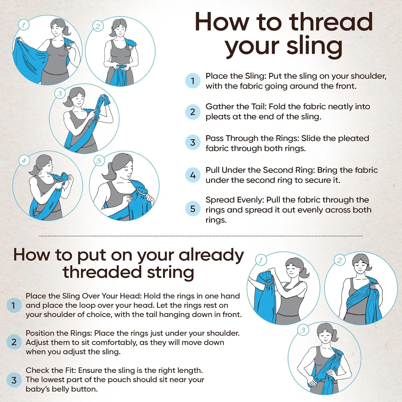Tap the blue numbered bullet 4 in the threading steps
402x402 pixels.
(193, 175)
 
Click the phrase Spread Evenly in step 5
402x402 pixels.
(235, 200)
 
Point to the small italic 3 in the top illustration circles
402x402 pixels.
(59, 94)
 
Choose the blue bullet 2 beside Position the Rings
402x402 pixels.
(14, 342)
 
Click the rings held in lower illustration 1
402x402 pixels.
(269, 281)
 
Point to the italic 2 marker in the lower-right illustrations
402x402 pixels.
(340, 260)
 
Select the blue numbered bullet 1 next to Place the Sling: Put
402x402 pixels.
(193, 81)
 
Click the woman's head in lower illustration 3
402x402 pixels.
(325, 333)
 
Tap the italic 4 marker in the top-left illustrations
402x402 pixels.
(24, 161)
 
